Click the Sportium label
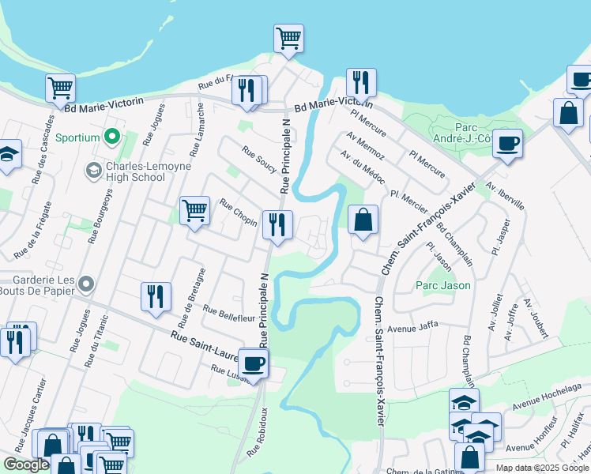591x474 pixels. (77, 137)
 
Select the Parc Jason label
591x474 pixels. (443, 285)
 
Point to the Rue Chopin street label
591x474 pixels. (238, 213)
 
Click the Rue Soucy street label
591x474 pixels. (259, 161)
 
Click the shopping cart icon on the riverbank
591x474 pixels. (288, 37)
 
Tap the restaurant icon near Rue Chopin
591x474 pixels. (277, 224)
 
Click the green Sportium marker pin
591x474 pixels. (112, 137)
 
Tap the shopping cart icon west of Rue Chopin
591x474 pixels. (194, 210)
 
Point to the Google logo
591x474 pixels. (26, 465)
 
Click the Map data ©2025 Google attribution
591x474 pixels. (541, 468)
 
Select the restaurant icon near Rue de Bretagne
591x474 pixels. (156, 296)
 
